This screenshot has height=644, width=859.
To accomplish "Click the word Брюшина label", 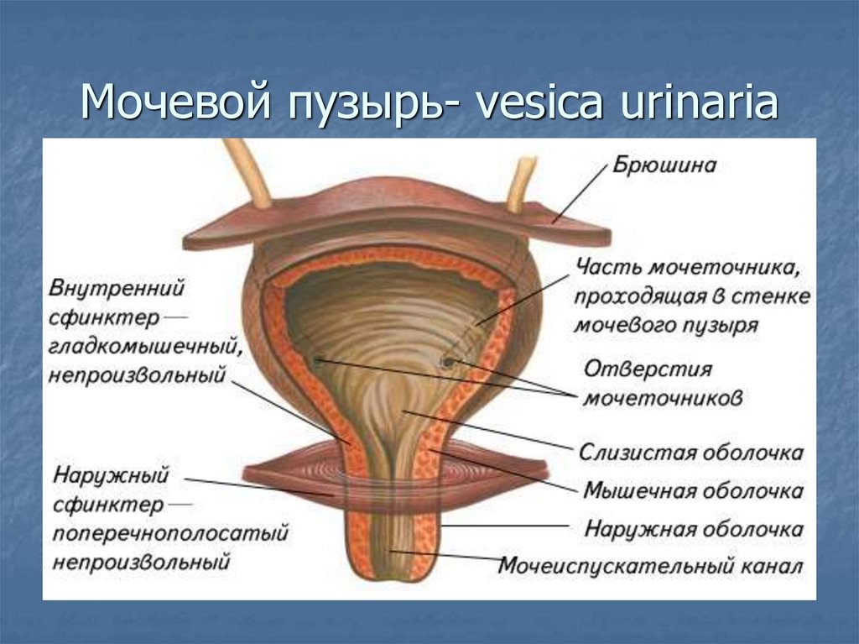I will pos(664,165).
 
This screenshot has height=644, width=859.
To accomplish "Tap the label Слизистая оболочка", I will pos(691,453).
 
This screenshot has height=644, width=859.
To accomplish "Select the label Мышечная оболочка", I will pos(693,490).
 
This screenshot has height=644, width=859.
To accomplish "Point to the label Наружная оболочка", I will pos(693,530).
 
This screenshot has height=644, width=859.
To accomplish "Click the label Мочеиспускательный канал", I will pos(650,565).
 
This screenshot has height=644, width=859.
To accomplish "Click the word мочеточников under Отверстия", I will pos(663,398).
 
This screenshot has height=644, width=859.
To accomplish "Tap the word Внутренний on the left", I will pos(117,288).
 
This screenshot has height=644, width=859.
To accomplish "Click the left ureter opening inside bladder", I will pos(318,361).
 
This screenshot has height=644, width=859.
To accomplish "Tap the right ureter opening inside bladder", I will pos(448,362).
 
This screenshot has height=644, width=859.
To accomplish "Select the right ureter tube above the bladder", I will pos(522,181).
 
